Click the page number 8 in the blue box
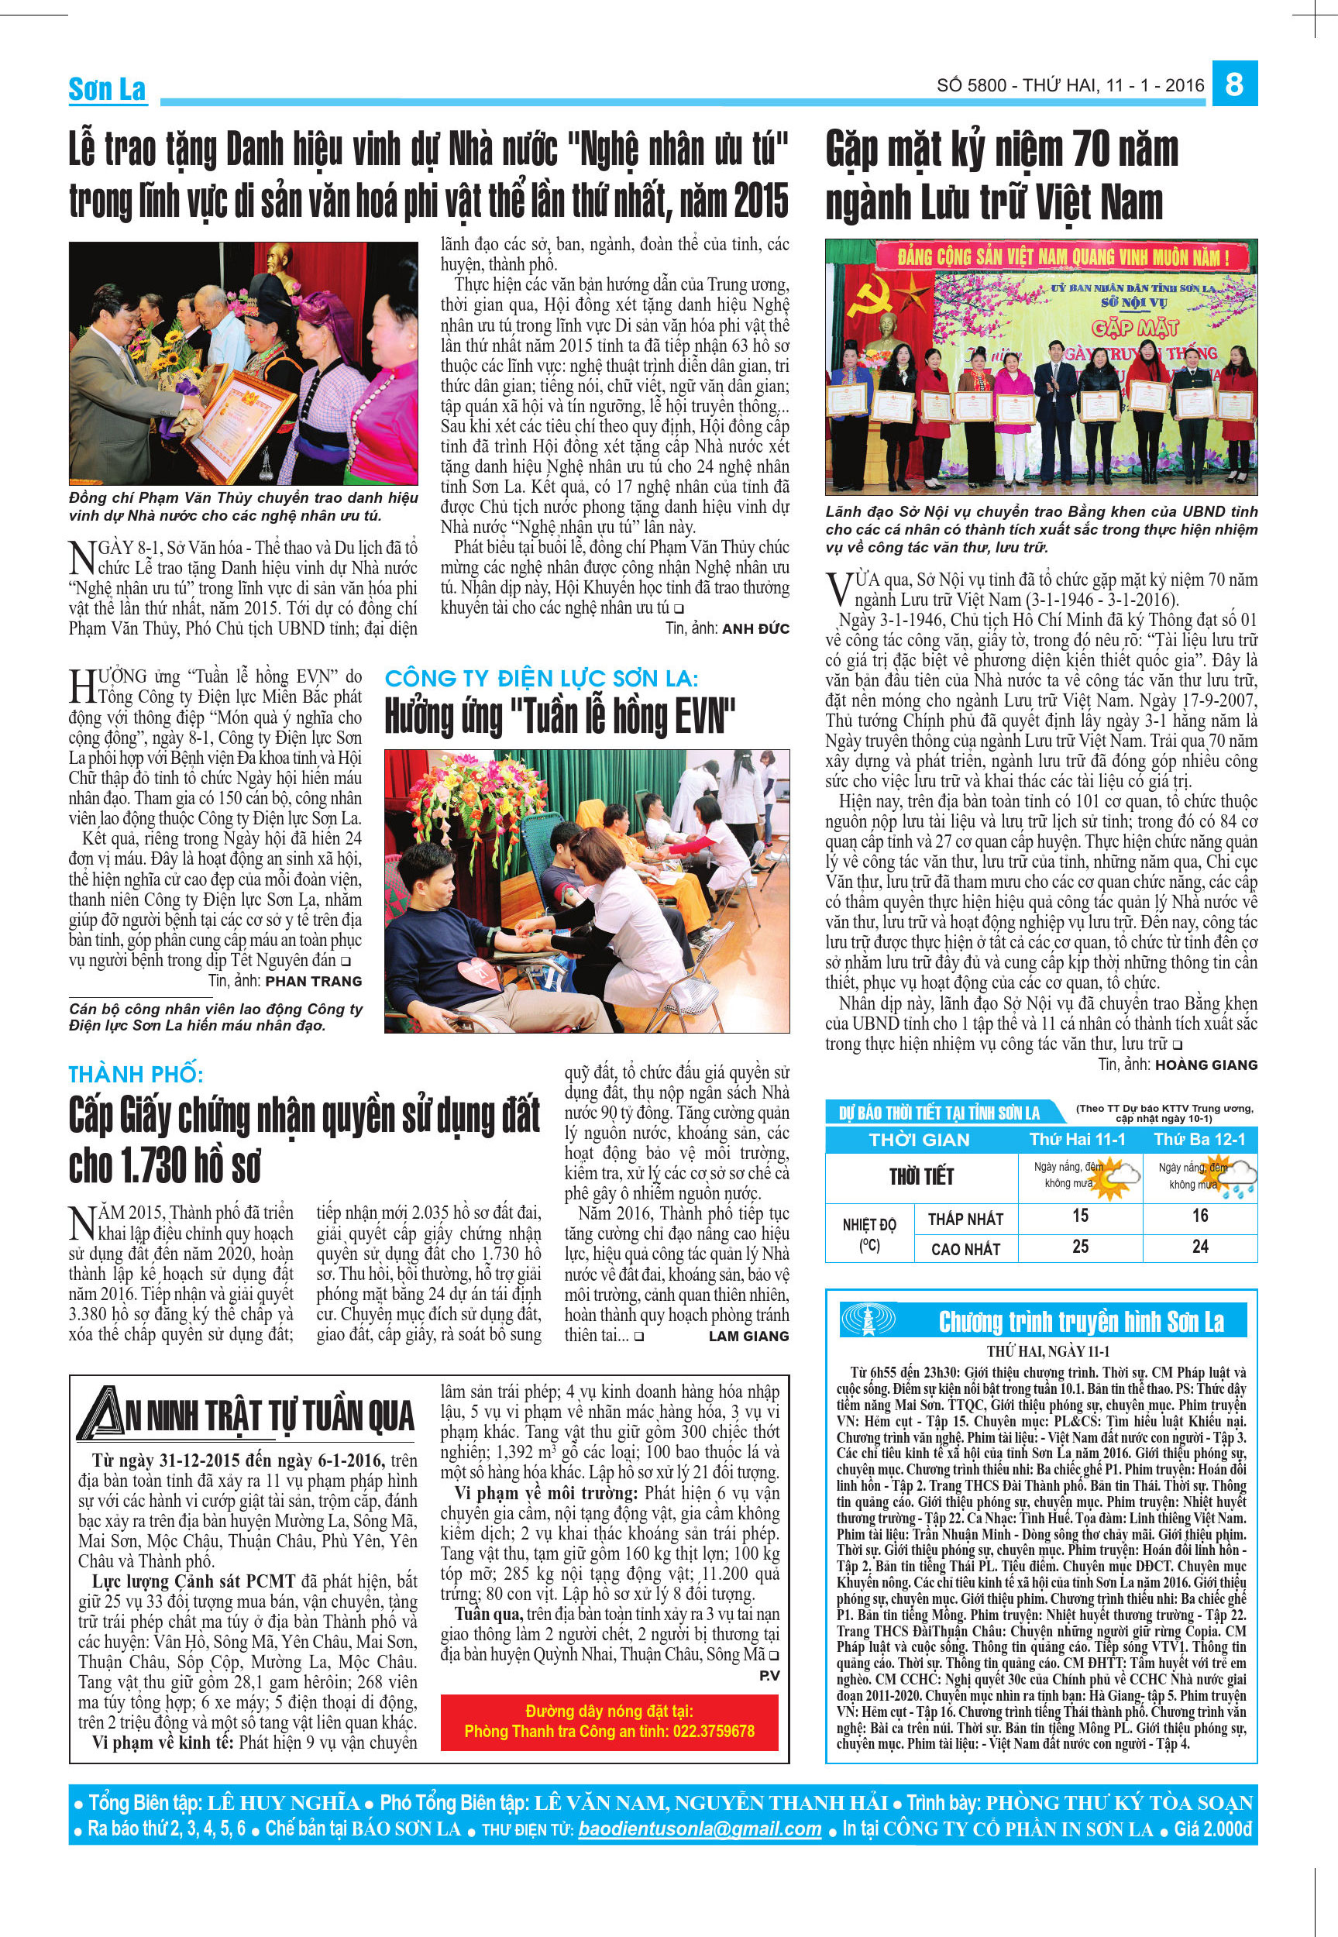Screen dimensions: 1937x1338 coord(1234,84)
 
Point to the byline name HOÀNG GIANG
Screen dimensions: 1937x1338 coord(1206,1065)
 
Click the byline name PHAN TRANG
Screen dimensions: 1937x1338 coord(314,981)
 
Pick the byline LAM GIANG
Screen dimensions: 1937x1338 coord(748,1337)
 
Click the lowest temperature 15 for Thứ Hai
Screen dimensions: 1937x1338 coord(1080,1216)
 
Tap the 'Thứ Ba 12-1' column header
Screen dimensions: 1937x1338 coord(1199,1139)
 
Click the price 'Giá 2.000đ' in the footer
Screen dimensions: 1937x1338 coord(1212,1829)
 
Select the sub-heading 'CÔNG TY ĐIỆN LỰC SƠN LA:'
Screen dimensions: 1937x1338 coord(541,678)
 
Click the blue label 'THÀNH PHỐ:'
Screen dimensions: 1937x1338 coord(136,1075)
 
